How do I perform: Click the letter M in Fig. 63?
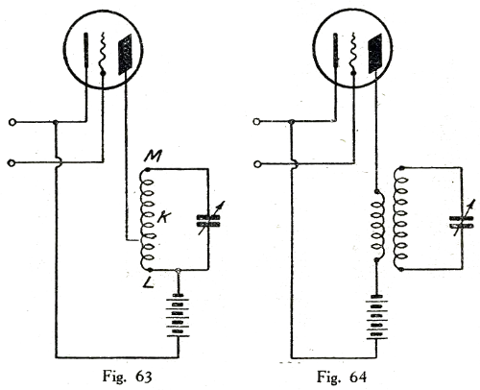[153, 157]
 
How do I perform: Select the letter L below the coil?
[148, 282]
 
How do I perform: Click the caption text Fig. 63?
[127, 377]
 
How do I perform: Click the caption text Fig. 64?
[342, 377]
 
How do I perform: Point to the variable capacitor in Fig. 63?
[208, 221]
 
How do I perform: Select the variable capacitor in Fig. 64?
[462, 221]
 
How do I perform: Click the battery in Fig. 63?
[178, 315]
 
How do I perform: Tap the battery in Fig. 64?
[376, 317]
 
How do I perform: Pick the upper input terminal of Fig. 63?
[12, 122]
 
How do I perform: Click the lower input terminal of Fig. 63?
[12, 163]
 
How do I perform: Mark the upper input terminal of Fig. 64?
[256, 122]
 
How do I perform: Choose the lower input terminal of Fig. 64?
[256, 164]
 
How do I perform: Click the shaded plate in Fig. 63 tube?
[126, 55]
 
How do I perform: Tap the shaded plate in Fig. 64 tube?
[374, 53]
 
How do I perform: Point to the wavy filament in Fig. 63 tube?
[103, 53]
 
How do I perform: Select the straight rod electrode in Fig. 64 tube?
[335, 50]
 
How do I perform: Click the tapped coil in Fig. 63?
[147, 219]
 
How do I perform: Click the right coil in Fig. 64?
[401, 218]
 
